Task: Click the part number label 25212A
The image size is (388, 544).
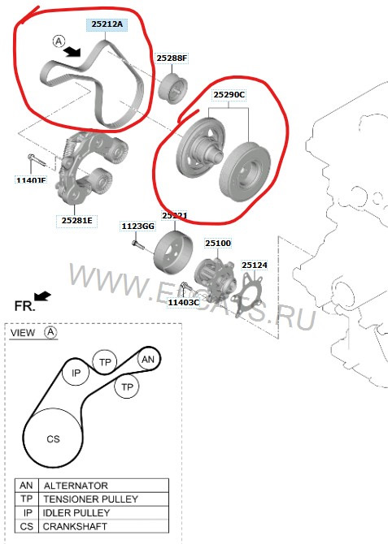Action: (x=107, y=25)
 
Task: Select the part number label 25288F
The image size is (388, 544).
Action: (x=172, y=58)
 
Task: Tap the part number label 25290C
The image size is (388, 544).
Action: (x=229, y=95)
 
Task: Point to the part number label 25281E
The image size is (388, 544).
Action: (x=77, y=219)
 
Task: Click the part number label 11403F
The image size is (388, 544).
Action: (x=31, y=180)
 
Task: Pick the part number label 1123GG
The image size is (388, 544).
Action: (x=137, y=226)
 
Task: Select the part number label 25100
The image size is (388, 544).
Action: (x=217, y=243)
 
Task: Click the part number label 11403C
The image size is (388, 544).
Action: (x=184, y=302)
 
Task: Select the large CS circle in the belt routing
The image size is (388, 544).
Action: (x=53, y=438)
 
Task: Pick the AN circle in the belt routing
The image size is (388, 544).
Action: (x=147, y=359)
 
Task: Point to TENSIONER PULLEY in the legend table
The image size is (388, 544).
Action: (x=90, y=499)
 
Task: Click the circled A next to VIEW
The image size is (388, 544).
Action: (x=51, y=332)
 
